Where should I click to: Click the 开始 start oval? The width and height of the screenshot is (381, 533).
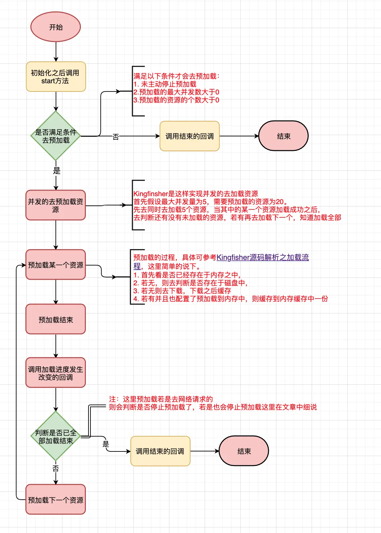point(55,27)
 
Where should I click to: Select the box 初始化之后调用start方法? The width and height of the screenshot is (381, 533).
point(56,77)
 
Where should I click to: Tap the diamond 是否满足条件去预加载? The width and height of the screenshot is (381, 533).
point(56,136)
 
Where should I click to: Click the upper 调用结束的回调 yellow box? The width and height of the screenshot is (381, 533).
point(190,136)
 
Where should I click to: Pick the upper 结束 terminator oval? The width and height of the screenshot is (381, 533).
point(283,136)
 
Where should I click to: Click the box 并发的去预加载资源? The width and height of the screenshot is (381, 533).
point(56,205)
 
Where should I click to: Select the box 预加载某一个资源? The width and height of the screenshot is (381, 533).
point(56,265)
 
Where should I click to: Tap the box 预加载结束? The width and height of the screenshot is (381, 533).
point(56,319)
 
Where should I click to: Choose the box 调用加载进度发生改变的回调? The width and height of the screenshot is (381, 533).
point(56,373)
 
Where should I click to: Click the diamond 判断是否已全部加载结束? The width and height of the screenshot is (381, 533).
point(56,436)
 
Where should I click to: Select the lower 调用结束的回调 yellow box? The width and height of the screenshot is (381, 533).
point(160,451)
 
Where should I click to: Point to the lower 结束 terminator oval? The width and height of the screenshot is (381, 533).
point(244,451)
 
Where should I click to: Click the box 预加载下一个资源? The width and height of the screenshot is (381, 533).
point(56,500)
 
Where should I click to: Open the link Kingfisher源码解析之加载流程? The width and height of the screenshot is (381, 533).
point(262,258)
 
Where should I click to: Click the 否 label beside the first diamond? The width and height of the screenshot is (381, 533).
point(116,137)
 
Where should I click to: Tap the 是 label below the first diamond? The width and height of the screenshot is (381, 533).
point(56,171)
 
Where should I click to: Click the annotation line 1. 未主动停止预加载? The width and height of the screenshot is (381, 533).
point(165,84)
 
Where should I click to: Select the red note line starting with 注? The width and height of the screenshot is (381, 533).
point(161,399)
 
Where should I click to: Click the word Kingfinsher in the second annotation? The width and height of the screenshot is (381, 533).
point(151,194)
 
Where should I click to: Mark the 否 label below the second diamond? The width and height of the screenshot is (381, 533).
point(55,468)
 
